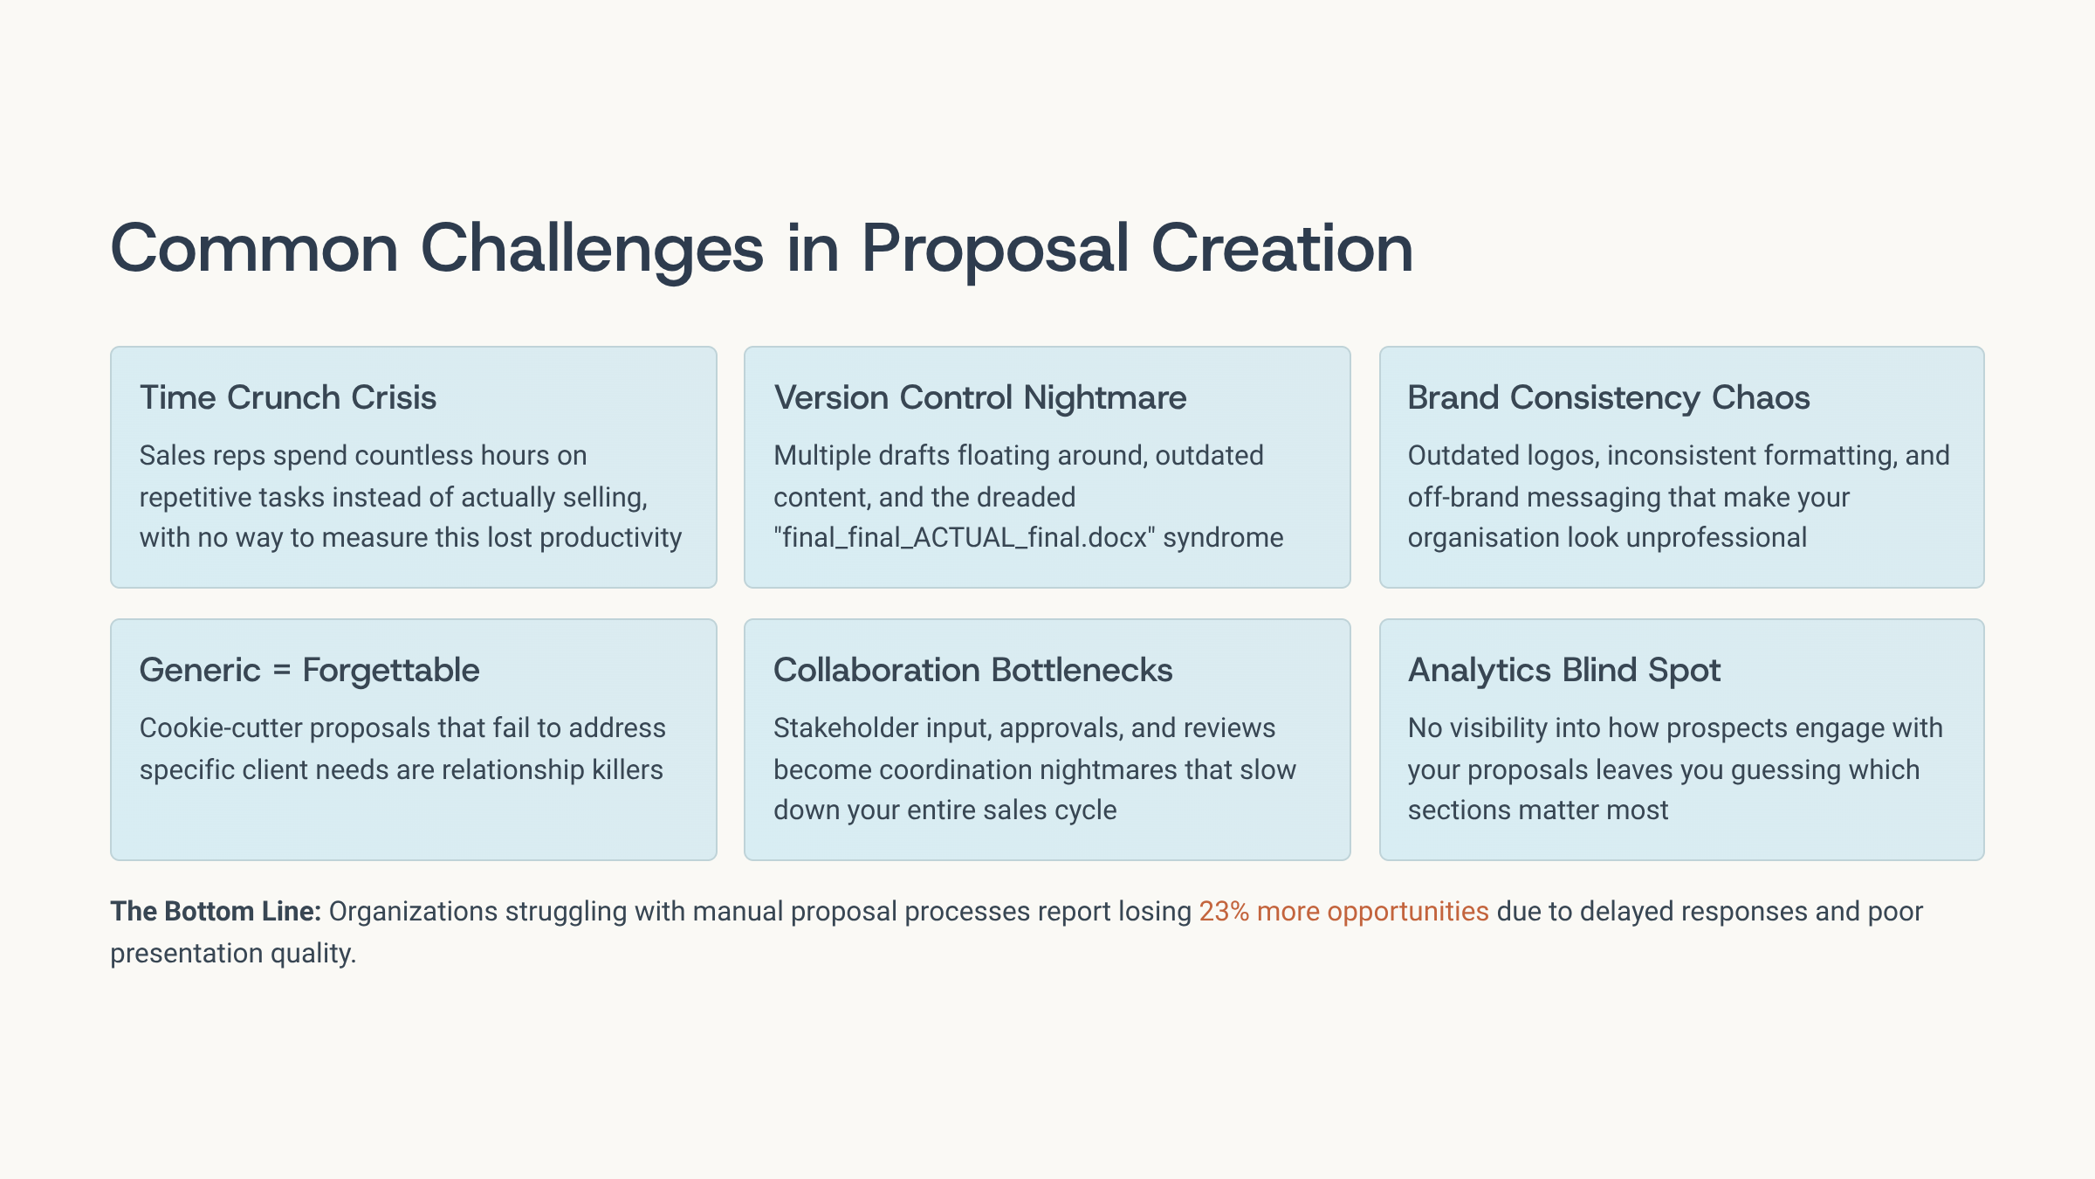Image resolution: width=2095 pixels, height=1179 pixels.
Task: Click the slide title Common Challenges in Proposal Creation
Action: (761, 249)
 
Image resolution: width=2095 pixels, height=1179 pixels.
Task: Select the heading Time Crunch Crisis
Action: (288, 397)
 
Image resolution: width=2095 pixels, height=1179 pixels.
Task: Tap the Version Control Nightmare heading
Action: (980, 397)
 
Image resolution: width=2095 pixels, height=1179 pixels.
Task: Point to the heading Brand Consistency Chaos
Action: (1609, 398)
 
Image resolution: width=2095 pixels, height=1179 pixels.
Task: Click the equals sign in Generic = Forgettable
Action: (281, 671)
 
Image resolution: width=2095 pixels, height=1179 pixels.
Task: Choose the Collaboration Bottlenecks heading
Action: (973, 670)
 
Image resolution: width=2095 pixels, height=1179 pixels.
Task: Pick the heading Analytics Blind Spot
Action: (1564, 671)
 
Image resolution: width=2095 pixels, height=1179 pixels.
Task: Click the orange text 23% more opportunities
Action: (1343, 912)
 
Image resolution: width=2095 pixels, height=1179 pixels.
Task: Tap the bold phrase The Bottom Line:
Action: (216, 911)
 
